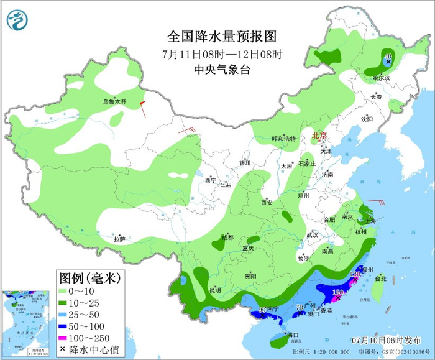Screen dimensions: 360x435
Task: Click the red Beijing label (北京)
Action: [x=319, y=135]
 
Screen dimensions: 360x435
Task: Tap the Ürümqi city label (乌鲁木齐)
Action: [x=114, y=101]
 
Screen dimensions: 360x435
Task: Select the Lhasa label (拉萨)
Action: [x=119, y=239]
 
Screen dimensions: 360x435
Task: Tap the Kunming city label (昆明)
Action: [x=214, y=290]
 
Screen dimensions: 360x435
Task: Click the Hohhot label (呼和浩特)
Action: [x=284, y=139]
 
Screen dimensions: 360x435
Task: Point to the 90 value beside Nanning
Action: [x=262, y=310]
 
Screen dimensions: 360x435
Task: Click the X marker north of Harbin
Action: [x=388, y=62]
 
